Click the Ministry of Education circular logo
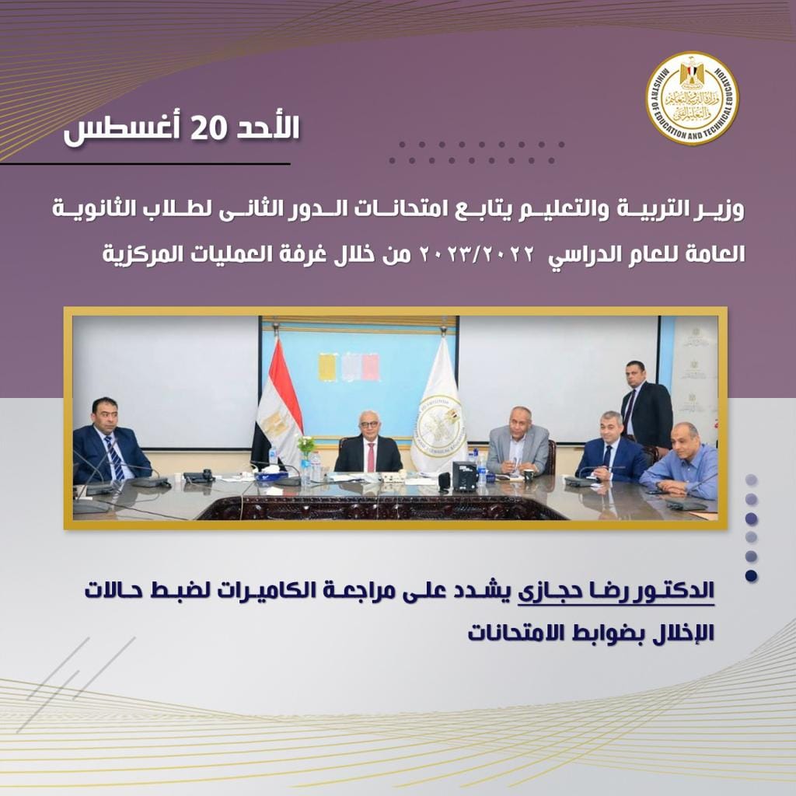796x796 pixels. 693,98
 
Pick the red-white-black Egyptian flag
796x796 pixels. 277,401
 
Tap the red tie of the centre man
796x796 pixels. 371,457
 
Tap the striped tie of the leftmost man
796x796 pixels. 115,458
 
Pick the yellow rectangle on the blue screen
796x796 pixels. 328,367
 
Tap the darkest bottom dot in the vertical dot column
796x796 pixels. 752,576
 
